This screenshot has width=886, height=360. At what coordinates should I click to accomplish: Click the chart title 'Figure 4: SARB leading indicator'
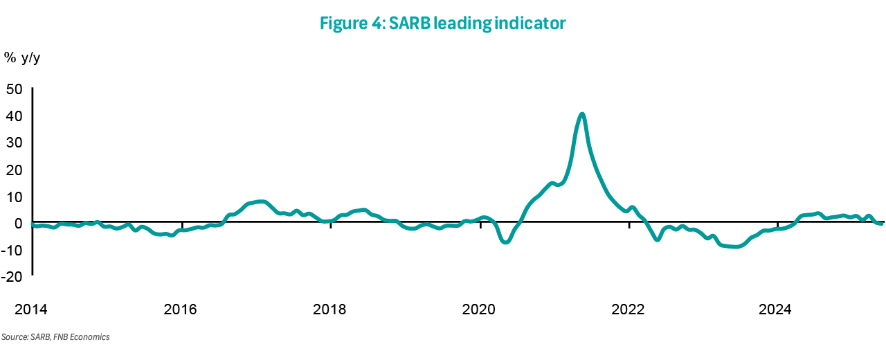coord(442,24)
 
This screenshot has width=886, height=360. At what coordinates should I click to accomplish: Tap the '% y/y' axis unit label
coord(22,58)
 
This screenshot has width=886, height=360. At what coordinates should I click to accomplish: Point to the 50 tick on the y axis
coord(15,89)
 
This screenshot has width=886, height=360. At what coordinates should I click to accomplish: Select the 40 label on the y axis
coord(15,116)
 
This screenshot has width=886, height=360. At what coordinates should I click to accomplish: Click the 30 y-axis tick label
coord(15,143)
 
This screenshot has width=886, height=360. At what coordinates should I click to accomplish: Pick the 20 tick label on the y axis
coord(15,170)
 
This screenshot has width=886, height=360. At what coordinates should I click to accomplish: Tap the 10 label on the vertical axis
coord(15,197)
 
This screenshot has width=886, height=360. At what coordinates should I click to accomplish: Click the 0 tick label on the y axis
coord(18,224)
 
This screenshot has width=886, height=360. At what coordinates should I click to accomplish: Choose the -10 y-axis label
coord(12,251)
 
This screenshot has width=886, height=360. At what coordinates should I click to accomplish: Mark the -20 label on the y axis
coord(12,277)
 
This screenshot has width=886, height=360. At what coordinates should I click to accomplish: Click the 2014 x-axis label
coord(31,309)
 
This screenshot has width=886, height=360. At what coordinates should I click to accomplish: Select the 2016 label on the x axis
coord(181,309)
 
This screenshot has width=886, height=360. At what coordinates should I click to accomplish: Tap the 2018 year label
coord(329,309)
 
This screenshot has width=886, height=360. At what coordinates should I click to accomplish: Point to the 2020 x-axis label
coord(478,309)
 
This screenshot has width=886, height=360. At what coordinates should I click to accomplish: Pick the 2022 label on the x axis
coord(628,309)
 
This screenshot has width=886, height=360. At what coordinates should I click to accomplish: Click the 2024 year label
coord(775,309)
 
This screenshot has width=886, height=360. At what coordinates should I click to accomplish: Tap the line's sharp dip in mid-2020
coord(506,242)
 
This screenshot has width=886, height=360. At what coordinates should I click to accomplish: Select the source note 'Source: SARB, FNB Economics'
coord(55,337)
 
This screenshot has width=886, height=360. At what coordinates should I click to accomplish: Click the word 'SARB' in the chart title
coord(410,24)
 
